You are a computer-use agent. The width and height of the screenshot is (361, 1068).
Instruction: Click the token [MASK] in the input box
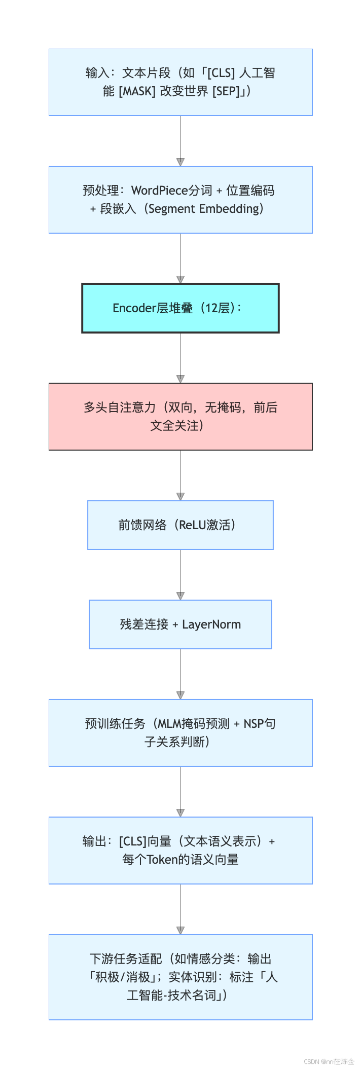tap(137, 91)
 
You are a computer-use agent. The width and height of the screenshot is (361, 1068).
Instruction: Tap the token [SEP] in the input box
tap(226, 91)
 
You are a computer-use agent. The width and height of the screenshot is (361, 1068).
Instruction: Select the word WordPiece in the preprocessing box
tap(160, 191)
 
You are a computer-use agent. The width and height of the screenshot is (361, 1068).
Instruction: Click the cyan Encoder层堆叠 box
tap(181, 308)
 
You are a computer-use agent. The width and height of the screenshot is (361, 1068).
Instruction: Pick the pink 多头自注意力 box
tap(181, 417)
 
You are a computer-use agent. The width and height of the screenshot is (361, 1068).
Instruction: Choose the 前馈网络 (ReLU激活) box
tap(181, 525)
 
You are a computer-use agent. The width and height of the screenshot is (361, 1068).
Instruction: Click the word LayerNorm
tap(211, 624)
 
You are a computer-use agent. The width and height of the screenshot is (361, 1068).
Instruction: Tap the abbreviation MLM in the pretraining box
tap(169, 724)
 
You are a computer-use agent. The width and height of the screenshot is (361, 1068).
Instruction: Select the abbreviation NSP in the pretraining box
tap(253, 724)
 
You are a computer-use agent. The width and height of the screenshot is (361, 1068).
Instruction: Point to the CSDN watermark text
tap(329, 1061)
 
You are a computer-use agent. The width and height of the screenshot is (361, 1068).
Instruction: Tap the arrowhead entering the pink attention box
tap(181, 379)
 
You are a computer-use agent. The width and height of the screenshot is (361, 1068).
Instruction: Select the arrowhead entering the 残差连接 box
tap(181, 596)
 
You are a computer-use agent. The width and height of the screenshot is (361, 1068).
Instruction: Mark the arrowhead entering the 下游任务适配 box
tap(181, 931)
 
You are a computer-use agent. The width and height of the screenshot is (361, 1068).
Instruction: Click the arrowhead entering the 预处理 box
tap(181, 162)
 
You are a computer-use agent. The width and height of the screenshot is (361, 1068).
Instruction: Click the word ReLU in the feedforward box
tap(193, 525)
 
